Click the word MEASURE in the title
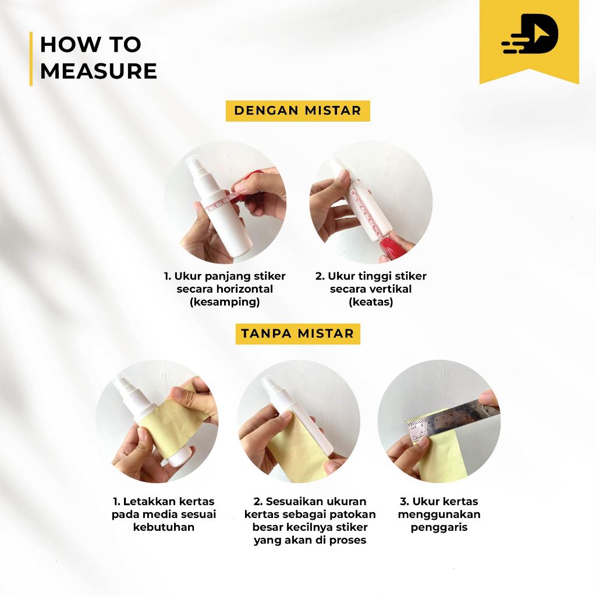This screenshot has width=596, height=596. click(x=98, y=71)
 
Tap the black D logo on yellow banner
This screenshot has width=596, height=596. click(x=530, y=34)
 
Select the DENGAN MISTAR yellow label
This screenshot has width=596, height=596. click(x=297, y=111)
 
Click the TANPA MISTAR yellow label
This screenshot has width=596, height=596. click(x=297, y=334)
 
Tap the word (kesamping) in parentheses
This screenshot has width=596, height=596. click(x=225, y=302)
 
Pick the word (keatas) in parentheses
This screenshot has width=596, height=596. click(x=371, y=302)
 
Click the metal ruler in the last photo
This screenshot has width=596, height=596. click(x=452, y=417)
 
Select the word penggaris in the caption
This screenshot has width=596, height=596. click(x=439, y=527)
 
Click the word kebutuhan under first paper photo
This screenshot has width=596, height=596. click(x=164, y=527)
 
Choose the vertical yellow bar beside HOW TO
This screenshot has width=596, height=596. click(x=31, y=59)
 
